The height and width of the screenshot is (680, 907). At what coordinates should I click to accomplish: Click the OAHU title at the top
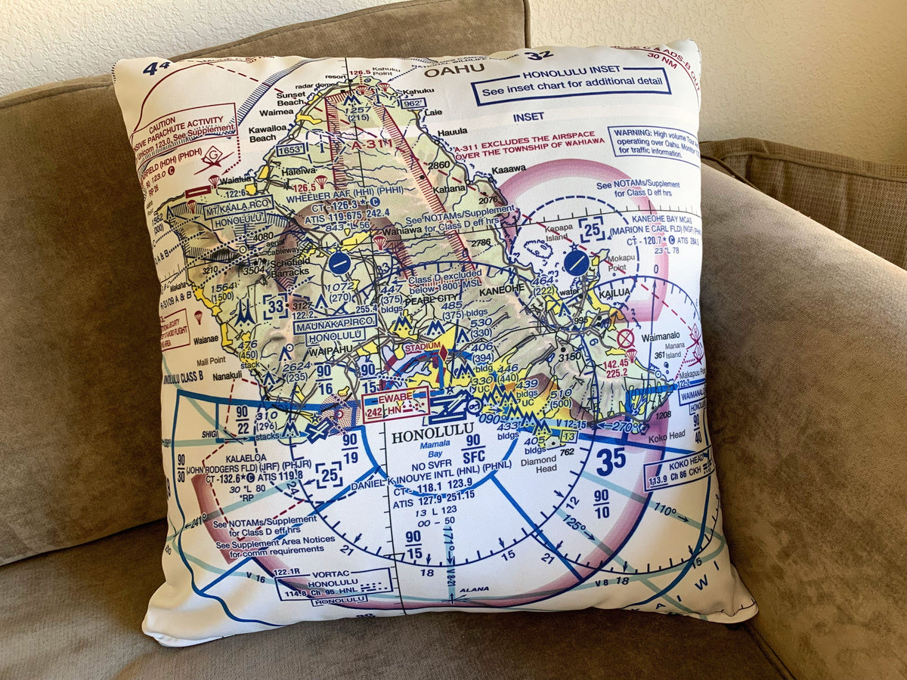click(454, 71)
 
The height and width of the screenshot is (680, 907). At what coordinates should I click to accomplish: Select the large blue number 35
click(610, 461)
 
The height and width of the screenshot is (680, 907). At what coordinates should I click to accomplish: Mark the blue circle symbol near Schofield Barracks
click(339, 263)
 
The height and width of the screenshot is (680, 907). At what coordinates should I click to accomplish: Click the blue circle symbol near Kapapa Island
click(576, 262)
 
